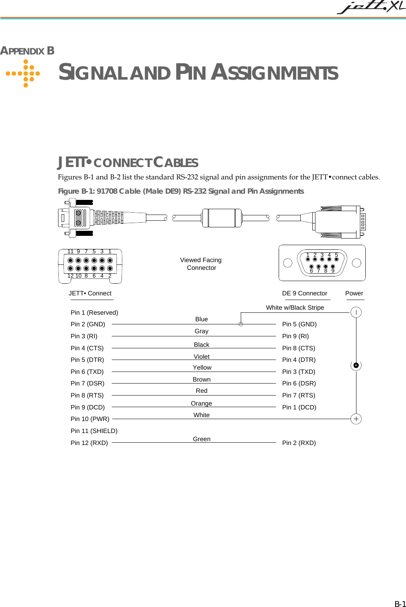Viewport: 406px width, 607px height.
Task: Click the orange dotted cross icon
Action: pos(26,73)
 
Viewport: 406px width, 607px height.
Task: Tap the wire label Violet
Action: pos(201,356)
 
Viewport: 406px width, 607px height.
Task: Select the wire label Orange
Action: pos(201,403)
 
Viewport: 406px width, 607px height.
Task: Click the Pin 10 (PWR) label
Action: pos(90,419)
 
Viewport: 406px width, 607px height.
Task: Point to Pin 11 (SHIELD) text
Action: pos(94,431)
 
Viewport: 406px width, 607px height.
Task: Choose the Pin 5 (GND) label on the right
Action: pos(299,324)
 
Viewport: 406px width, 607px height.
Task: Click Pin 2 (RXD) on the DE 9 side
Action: pos(299,443)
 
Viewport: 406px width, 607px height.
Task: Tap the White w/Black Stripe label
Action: pos(295,307)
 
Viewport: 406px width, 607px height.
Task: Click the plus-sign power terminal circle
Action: pos(356,419)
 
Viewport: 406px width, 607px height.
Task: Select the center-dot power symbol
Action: pos(356,365)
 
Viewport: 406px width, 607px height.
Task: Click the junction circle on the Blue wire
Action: pos(241,324)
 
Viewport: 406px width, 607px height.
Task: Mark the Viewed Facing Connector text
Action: pos(201,264)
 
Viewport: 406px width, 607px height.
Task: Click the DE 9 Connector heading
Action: pos(305,293)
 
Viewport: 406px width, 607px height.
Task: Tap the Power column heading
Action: pos(354,293)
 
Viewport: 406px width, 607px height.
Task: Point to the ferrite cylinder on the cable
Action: pos(222,218)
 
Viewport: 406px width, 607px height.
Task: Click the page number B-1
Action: pos(400,604)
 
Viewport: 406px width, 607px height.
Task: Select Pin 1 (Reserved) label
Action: pos(94,312)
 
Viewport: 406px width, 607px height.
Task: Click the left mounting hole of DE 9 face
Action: pos(288,263)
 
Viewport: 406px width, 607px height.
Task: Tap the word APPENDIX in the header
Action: pos(22,51)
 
